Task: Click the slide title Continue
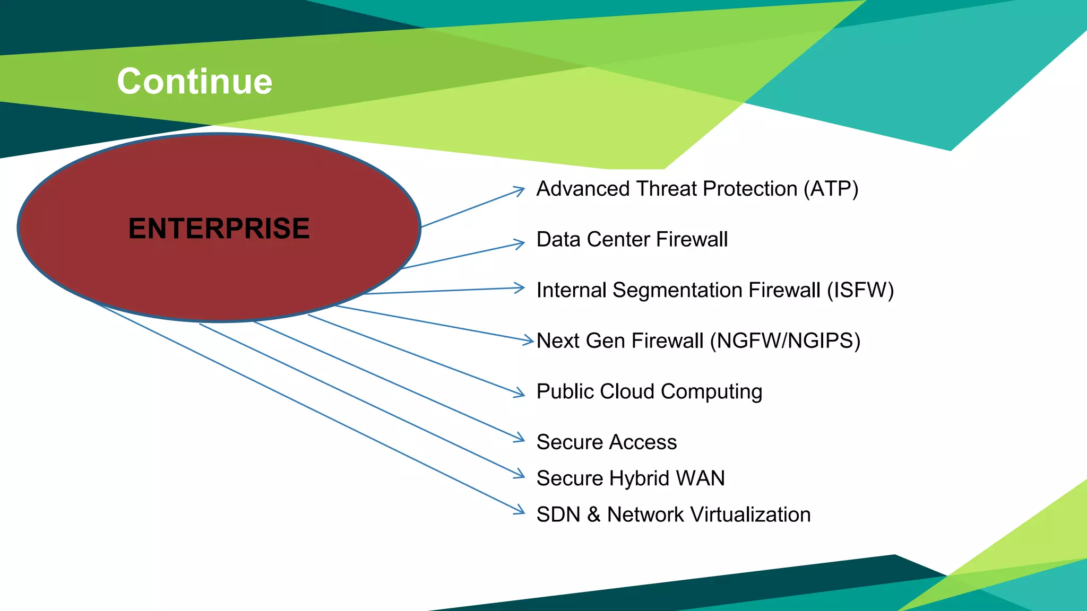(x=194, y=82)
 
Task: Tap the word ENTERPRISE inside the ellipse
(x=219, y=229)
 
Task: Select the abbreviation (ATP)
(x=831, y=189)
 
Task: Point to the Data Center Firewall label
(x=632, y=239)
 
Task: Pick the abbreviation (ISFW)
(x=860, y=290)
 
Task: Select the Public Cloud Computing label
(x=649, y=391)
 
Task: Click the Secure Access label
(x=606, y=442)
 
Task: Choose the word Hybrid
(x=639, y=478)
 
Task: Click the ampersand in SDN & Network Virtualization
(x=593, y=514)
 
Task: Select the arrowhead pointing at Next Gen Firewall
(x=529, y=341)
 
